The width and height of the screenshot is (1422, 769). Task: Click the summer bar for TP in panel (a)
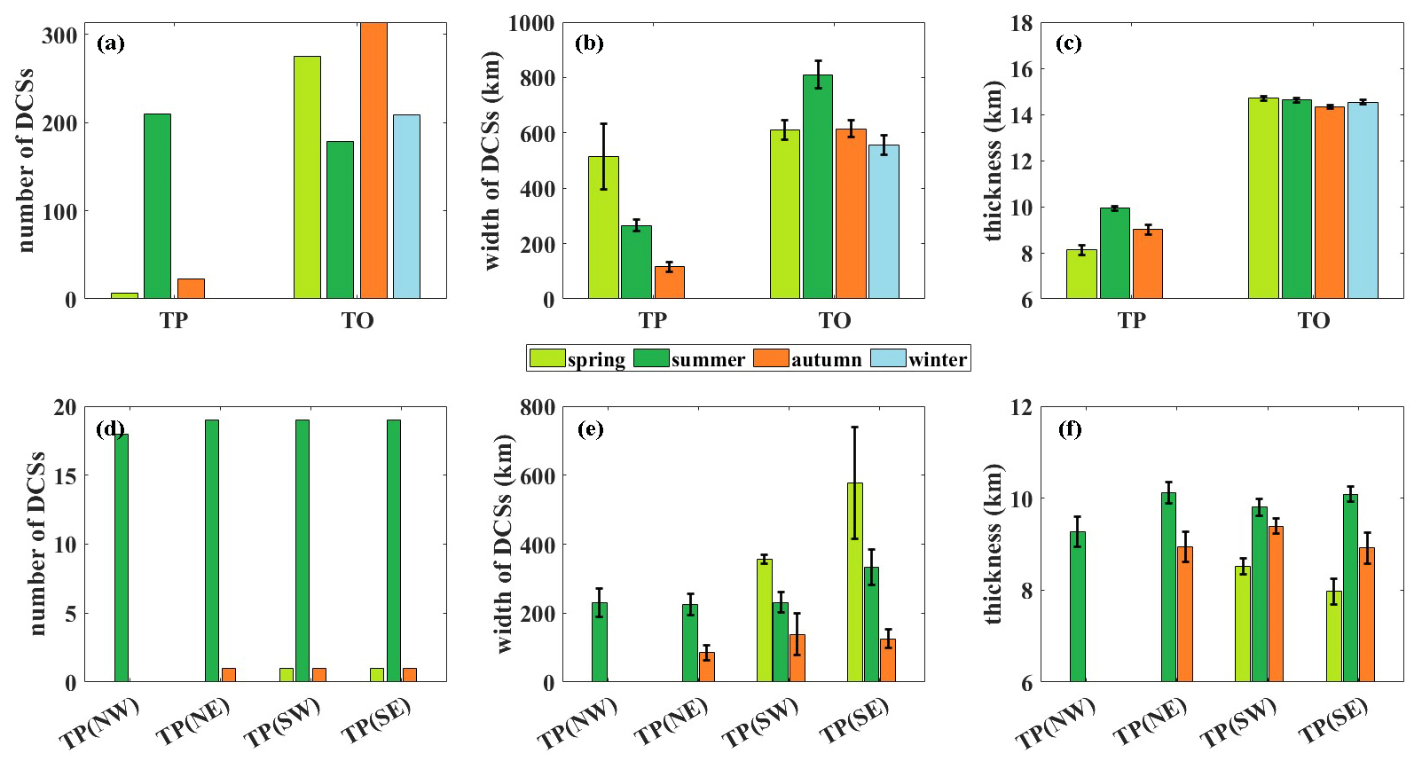[x=157, y=206]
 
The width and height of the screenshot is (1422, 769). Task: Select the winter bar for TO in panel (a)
[x=406, y=206]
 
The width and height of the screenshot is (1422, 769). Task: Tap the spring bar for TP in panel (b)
[x=603, y=227]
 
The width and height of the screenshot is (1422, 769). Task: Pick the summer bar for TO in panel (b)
[x=818, y=186]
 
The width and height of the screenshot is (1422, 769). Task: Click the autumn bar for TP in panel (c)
[x=1147, y=263]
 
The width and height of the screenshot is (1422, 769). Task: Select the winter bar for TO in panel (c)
[x=1363, y=200]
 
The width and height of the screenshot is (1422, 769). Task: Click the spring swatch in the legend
[x=546, y=358]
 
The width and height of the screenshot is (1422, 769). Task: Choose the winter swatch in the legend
[x=888, y=358]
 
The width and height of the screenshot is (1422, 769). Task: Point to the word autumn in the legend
[x=826, y=359]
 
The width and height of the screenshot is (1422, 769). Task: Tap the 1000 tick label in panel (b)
[x=531, y=23]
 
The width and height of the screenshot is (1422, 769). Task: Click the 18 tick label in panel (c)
[x=1021, y=23]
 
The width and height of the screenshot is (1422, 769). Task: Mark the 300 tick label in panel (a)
[x=59, y=35]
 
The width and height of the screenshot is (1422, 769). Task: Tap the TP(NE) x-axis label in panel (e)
[x=672, y=720]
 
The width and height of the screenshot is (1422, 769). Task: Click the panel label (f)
[x=1070, y=429]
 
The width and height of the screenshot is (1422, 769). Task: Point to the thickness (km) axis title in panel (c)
[x=993, y=161]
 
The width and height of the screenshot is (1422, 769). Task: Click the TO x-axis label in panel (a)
[x=357, y=320]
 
